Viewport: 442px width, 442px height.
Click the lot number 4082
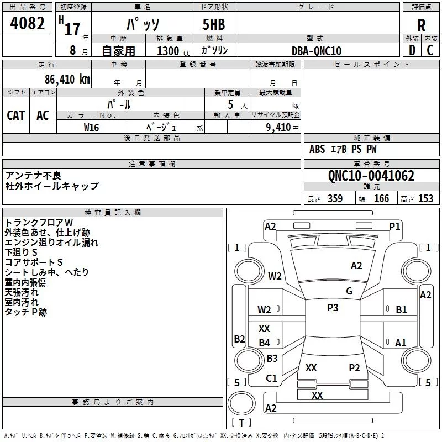[x=27, y=24]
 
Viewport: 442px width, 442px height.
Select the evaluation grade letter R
[x=421, y=25]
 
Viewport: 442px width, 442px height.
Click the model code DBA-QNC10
[x=317, y=51]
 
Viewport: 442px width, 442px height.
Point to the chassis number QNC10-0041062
[x=371, y=176]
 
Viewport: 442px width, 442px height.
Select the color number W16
[x=92, y=127]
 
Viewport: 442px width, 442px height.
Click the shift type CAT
[x=15, y=115]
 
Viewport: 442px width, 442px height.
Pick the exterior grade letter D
[x=412, y=51]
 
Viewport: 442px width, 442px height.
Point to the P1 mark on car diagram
[x=394, y=226]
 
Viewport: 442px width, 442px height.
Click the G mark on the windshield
[x=349, y=291]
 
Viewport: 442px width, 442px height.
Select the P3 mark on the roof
[x=333, y=308]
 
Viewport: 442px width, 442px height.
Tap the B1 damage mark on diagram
[x=401, y=310]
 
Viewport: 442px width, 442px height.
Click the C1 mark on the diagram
[x=271, y=378]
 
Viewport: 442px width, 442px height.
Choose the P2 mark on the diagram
[x=354, y=367]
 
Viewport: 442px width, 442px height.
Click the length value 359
[x=335, y=199]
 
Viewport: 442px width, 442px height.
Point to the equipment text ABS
[x=317, y=149]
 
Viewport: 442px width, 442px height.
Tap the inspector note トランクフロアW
[x=39, y=222]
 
